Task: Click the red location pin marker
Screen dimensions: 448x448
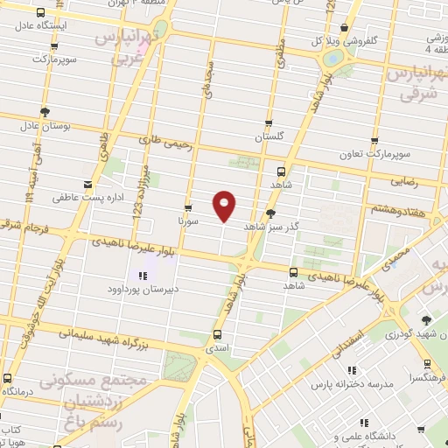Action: [x=225, y=204]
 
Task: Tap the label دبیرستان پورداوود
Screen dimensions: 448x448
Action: [x=166, y=288]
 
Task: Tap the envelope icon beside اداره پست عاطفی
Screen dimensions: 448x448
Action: [x=87, y=184]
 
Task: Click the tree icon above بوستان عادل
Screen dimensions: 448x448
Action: [x=45, y=111]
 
